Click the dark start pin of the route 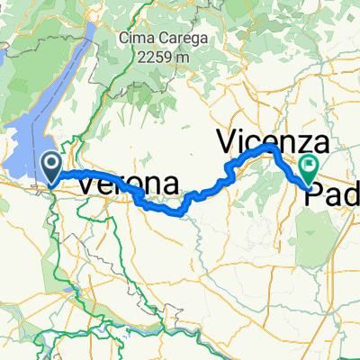tap(52, 166)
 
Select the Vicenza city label tap(274, 141)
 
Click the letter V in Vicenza tap(229, 142)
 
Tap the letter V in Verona tap(90, 184)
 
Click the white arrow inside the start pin tap(52, 163)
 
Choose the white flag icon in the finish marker tap(310, 165)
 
